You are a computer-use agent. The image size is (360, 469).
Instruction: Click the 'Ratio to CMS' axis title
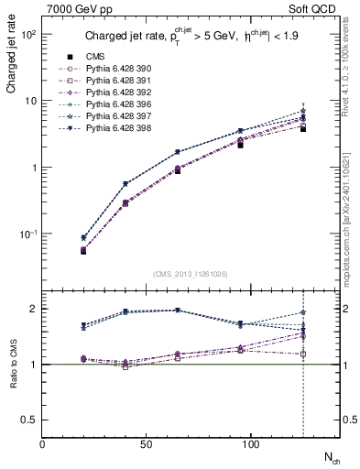coord(12,364)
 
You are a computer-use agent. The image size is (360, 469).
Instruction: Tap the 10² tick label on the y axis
coord(28,34)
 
